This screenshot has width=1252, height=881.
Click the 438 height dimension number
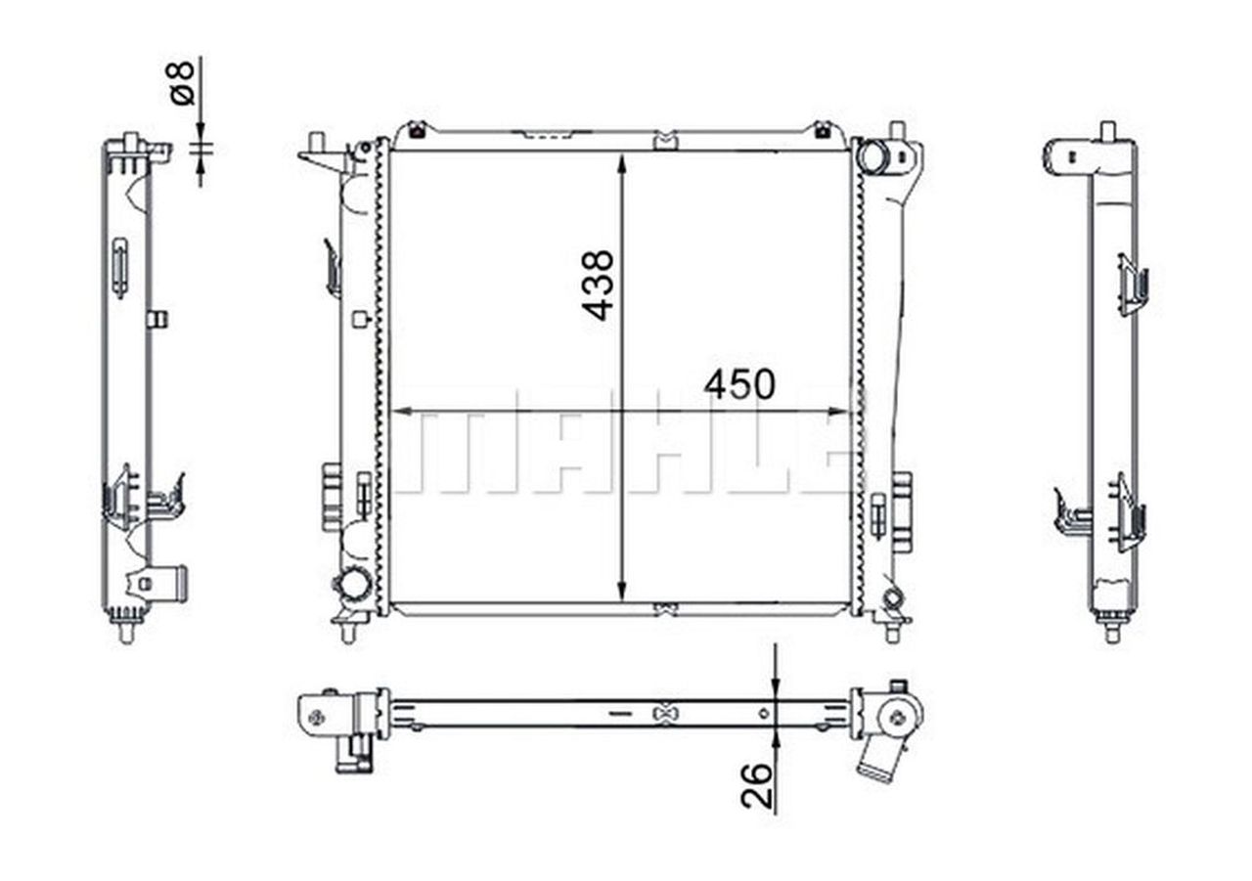click(x=598, y=286)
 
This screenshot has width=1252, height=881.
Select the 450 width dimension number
click(x=739, y=385)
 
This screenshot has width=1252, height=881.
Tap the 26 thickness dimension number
click(x=756, y=786)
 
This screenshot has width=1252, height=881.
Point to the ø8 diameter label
click(x=182, y=83)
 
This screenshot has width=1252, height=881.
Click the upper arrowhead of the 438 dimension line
click(x=622, y=165)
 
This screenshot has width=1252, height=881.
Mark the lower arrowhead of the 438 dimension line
click(x=622, y=591)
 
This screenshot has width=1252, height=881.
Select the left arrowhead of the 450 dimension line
click(x=401, y=412)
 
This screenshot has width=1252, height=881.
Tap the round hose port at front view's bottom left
click(x=353, y=584)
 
